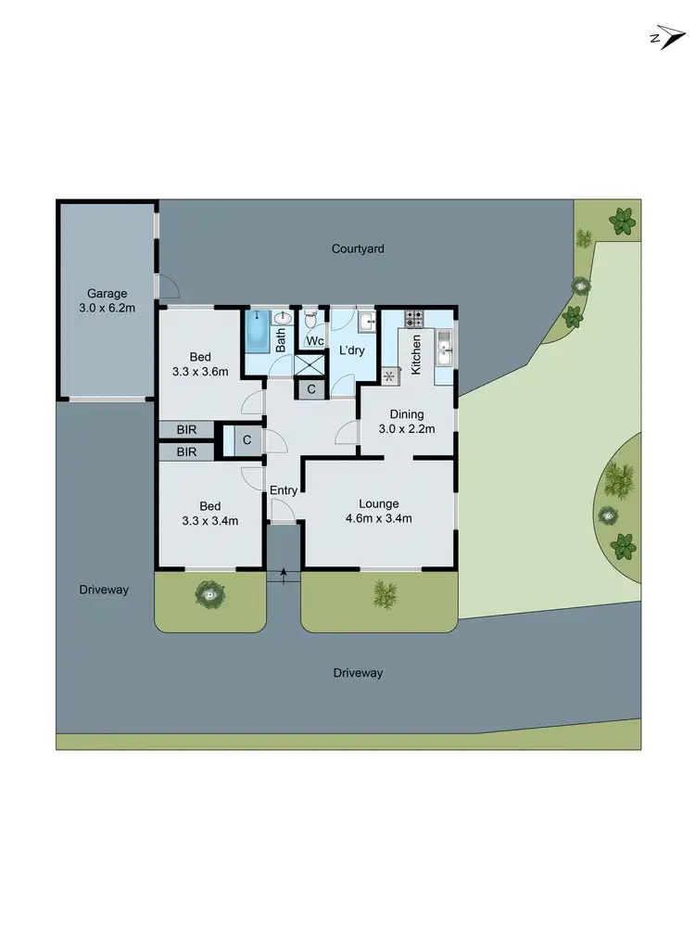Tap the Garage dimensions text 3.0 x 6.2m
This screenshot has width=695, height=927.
tap(107, 308)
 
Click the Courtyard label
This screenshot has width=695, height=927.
tap(358, 248)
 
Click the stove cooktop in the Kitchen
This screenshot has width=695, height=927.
tap(413, 318)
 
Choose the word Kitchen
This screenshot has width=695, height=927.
tap(417, 352)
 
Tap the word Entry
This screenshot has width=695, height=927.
tap(283, 490)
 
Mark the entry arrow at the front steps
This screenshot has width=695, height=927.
tap(284, 573)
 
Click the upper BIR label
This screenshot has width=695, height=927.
tap(187, 430)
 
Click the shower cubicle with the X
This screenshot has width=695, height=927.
tap(309, 364)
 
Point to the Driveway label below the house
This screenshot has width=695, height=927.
tap(357, 673)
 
